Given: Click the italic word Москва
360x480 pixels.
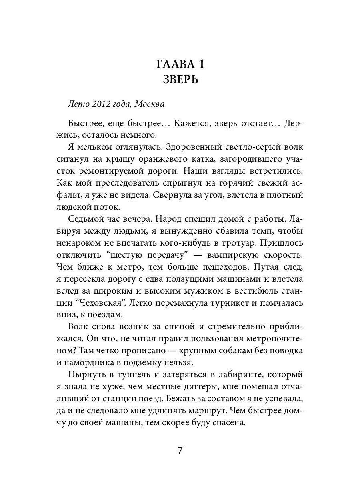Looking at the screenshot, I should pos(149,104).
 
